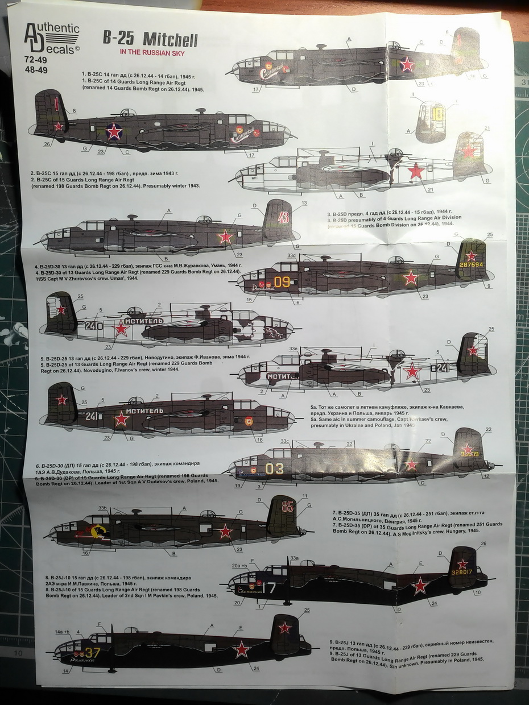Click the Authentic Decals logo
pos(52,39)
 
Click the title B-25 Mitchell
pos(150,40)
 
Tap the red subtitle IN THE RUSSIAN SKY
pos(152,53)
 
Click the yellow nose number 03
pos(274,468)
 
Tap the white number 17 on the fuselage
pos(267,587)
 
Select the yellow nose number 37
pos(92,653)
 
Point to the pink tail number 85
pos(288,505)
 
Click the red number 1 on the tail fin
pos(56,103)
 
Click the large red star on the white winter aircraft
pos(416,171)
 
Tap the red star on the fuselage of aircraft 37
pos(242,649)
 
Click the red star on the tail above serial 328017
pos(462,563)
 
